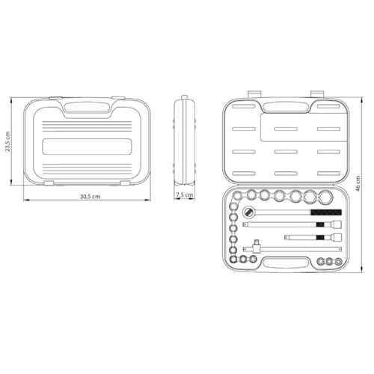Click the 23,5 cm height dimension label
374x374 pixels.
click(x=7, y=141)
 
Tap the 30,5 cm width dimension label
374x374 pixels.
click(x=90, y=197)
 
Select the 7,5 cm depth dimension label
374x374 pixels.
click(x=185, y=194)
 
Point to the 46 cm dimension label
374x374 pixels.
click(x=358, y=183)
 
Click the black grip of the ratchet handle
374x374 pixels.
click(x=326, y=212)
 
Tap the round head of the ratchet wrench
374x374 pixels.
click(x=248, y=212)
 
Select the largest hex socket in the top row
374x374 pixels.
click(x=326, y=197)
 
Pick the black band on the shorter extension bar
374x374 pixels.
click(x=320, y=237)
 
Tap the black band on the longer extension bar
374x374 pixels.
click(x=320, y=224)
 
